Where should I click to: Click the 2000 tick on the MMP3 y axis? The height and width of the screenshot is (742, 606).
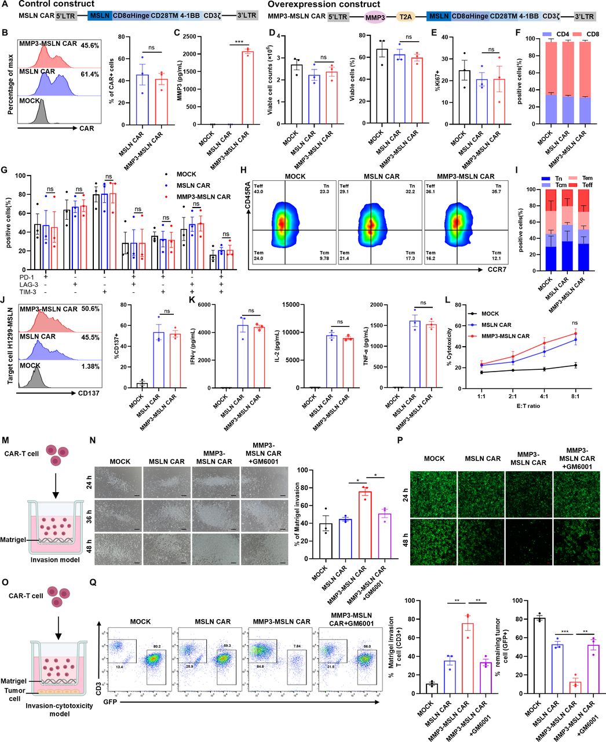click(202, 54)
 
